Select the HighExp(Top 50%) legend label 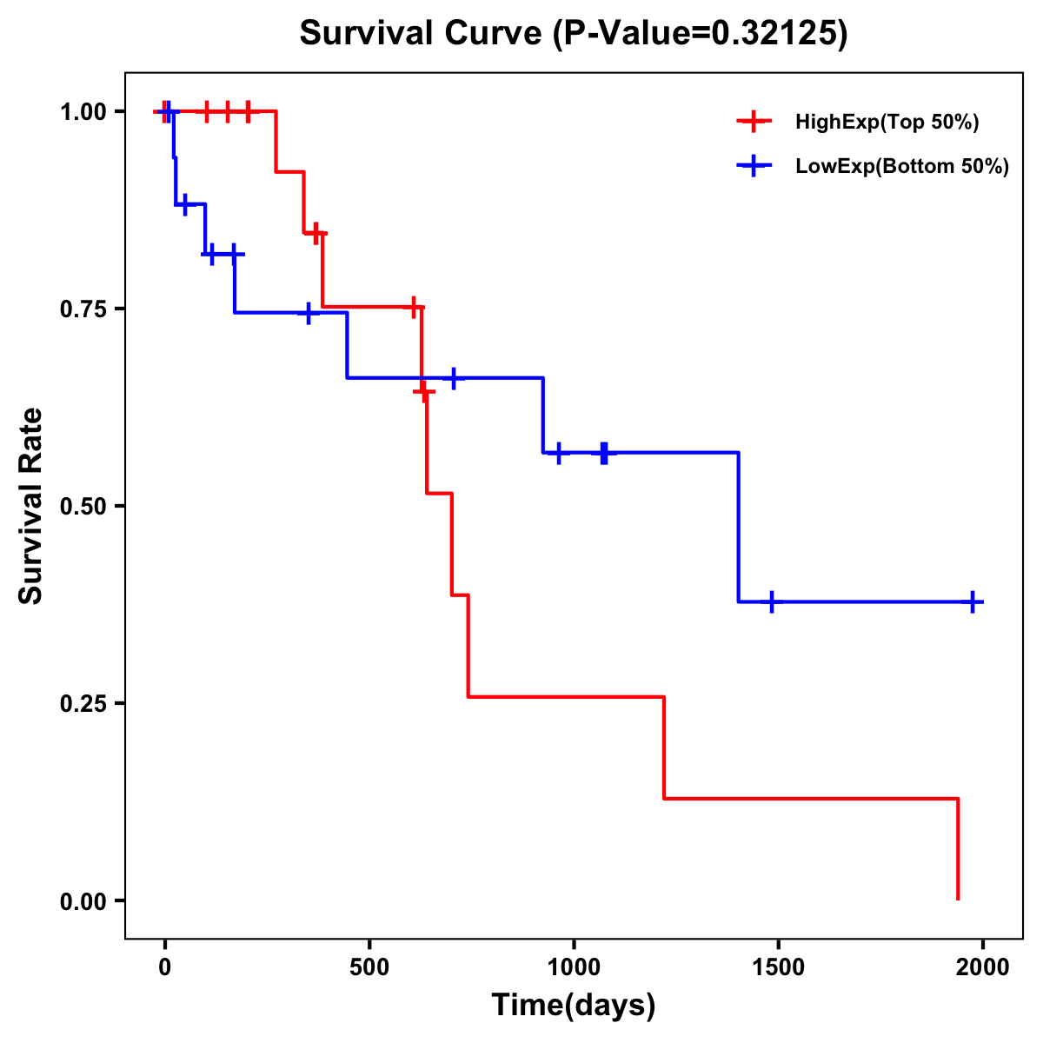pyautogui.click(x=887, y=123)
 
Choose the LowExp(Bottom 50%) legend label pyautogui.click(x=901, y=167)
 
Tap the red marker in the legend pyautogui.click(x=754, y=122)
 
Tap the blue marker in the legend pyautogui.click(x=754, y=166)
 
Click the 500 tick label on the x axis pyautogui.click(x=369, y=967)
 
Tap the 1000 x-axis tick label pyautogui.click(x=574, y=967)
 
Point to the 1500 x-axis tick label pyautogui.click(x=778, y=967)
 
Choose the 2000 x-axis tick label pyautogui.click(x=983, y=967)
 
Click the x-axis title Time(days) pyautogui.click(x=574, y=1006)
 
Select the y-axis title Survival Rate pyautogui.click(x=32, y=506)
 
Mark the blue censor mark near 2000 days pyautogui.click(x=973, y=601)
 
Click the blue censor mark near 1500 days pyautogui.click(x=771, y=601)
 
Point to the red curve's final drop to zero pyautogui.click(x=958, y=852)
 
